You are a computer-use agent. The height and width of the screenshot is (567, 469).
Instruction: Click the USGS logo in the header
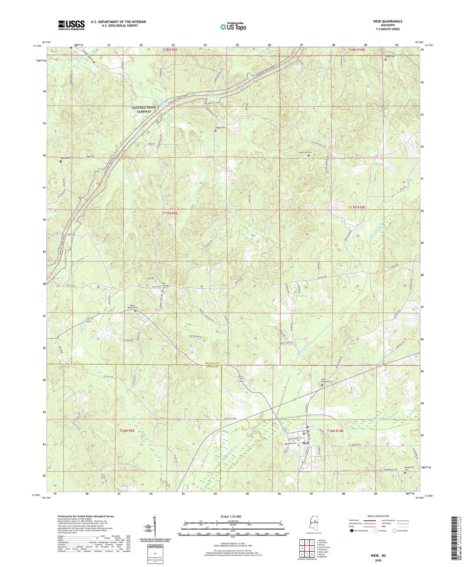[x=71, y=25]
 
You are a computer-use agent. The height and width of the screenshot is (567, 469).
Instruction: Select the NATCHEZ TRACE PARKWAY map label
[x=143, y=109]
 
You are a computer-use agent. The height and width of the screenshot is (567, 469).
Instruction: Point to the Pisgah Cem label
[x=220, y=128]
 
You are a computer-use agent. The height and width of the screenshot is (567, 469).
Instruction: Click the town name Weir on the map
[x=306, y=443]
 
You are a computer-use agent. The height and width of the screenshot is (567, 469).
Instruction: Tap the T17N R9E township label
[x=170, y=213]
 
